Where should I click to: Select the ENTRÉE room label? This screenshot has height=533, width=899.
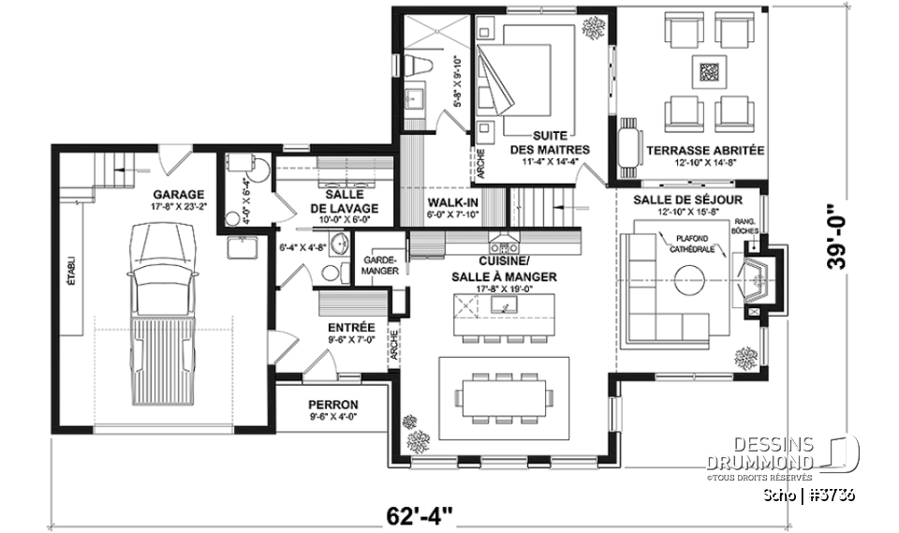pos(351,327)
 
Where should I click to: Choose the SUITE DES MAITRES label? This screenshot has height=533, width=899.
pos(550,142)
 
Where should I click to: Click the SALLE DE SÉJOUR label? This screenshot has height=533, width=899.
pos(687,200)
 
